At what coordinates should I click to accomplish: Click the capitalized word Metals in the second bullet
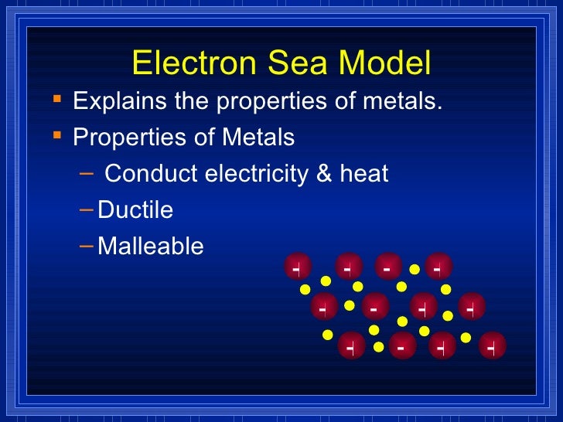click(258, 138)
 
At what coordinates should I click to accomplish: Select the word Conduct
click(151, 174)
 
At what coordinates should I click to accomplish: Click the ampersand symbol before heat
click(324, 174)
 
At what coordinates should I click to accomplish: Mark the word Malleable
click(151, 247)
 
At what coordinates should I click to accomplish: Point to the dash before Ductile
click(87, 209)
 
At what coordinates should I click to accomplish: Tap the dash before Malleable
click(87, 245)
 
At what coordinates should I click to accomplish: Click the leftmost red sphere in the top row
click(297, 267)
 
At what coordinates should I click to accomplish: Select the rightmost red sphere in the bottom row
click(492, 345)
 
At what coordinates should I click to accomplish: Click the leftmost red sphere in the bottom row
click(351, 345)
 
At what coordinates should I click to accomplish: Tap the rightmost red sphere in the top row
click(438, 267)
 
